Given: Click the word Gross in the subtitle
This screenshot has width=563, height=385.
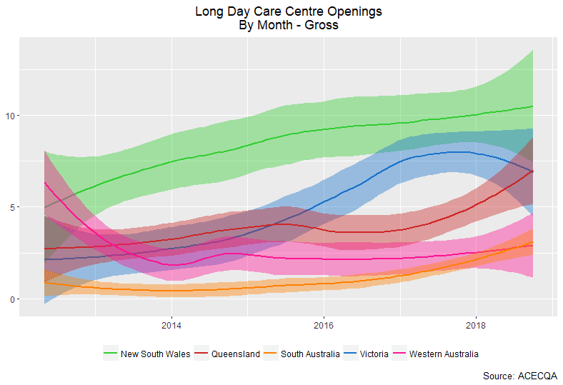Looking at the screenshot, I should point(321,26).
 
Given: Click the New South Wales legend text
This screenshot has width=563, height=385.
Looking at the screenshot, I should point(151,354).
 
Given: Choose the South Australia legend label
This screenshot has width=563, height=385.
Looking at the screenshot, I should point(312,354).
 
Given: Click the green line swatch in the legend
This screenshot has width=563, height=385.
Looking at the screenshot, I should point(110,354).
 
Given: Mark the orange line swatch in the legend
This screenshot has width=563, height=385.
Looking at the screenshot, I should point(271,354).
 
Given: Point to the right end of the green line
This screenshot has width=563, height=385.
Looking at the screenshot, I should point(533,106).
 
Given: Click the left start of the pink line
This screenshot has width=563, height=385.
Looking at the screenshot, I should point(45,183).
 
